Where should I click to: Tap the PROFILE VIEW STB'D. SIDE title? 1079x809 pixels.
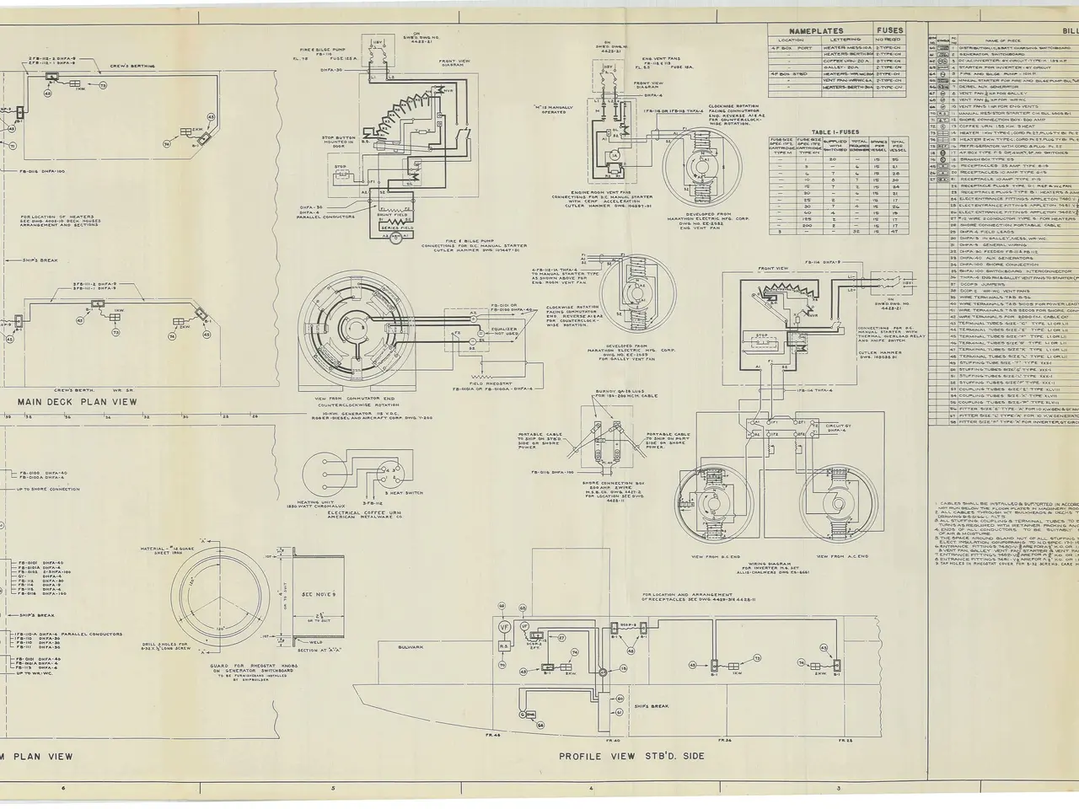pos(631,756)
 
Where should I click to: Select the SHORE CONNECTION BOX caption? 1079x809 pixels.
pos(604,488)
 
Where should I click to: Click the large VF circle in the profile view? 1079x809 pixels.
pos(504,627)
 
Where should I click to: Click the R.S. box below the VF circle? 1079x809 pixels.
pos(502,647)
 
